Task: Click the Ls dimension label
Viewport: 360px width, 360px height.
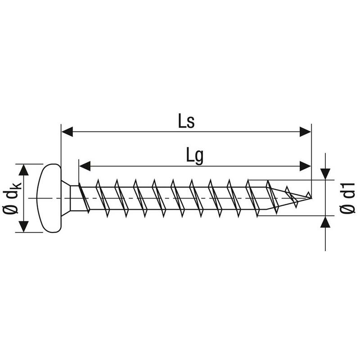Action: coord(186,121)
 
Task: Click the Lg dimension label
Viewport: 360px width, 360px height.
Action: coord(195,156)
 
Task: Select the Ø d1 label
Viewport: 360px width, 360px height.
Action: coord(347,198)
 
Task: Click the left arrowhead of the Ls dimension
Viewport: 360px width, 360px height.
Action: coord(67,132)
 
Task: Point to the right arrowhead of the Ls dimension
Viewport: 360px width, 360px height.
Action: coord(306,132)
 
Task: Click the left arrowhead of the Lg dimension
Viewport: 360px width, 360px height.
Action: coord(85,166)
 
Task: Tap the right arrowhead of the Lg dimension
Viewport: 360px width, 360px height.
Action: coord(306,166)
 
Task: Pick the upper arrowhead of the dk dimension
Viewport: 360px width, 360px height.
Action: coord(23,170)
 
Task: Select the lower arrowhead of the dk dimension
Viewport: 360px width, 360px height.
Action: coord(23,227)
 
